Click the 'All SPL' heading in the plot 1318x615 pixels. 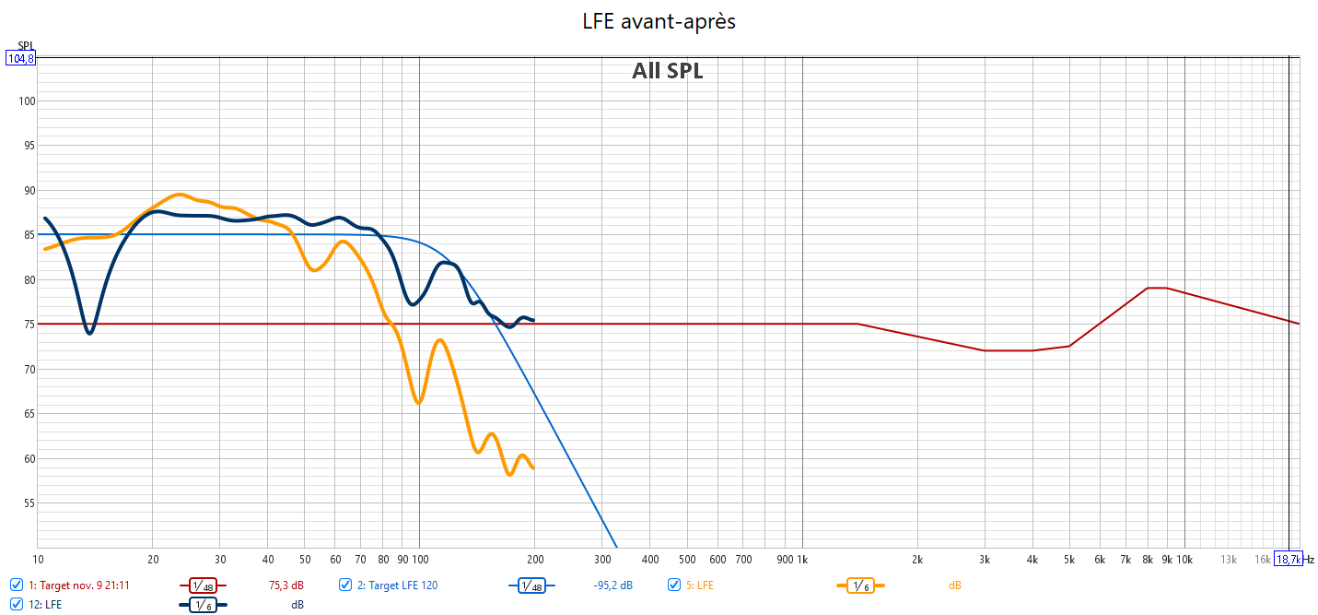click(667, 71)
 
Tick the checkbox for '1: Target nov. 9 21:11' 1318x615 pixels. click(17, 585)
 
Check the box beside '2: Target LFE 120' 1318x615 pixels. click(345, 585)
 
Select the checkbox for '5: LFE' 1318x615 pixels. click(674, 585)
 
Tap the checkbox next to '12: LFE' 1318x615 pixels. click(17, 605)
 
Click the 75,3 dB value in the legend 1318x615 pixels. click(286, 585)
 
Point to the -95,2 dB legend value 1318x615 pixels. click(613, 585)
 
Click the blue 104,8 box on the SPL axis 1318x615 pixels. click(20, 58)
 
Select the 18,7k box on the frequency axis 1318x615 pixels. click(1288, 559)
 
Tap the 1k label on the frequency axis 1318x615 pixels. click(802, 559)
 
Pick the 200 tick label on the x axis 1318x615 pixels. click(534, 559)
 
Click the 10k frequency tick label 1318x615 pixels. click(1184, 559)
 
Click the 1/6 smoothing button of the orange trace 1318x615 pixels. click(859, 585)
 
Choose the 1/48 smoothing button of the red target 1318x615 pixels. click(203, 585)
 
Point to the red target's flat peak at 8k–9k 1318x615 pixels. click(1157, 288)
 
